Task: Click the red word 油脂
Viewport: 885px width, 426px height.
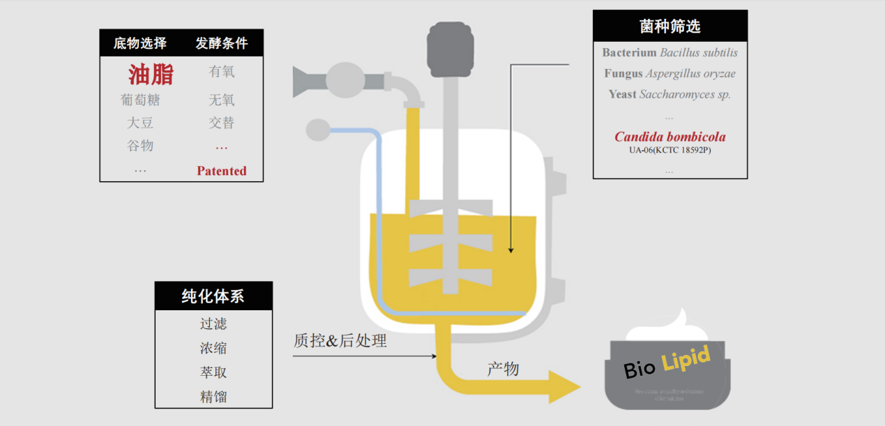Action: tap(151, 74)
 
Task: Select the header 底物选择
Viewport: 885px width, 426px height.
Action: tap(140, 43)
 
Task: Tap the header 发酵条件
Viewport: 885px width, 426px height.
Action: tap(221, 43)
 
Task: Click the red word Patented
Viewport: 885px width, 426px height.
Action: tap(221, 171)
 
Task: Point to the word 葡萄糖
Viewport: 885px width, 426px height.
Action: tap(140, 100)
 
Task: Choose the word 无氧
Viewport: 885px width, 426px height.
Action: tap(221, 100)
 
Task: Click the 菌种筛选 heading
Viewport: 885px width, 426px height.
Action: tap(670, 26)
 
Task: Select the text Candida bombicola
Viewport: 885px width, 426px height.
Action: tap(670, 137)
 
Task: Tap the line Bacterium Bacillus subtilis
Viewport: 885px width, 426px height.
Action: tap(670, 52)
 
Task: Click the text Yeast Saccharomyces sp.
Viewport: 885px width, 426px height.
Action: tap(670, 94)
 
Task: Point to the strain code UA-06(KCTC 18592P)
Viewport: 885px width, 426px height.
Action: tap(670, 150)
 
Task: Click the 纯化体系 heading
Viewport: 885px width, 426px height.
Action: tap(213, 296)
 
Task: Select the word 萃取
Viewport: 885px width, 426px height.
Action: tap(213, 372)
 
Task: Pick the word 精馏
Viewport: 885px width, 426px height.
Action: tap(213, 397)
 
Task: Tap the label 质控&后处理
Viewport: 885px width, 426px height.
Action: tap(340, 341)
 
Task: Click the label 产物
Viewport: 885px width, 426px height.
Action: tap(503, 369)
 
